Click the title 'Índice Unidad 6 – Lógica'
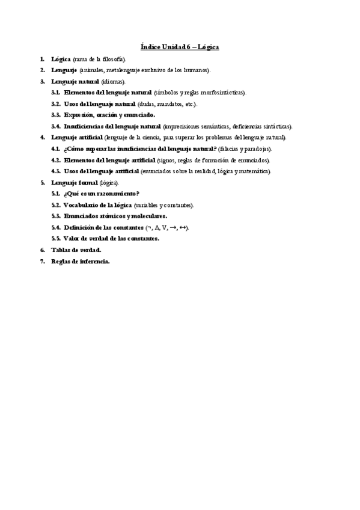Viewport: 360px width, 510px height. tap(180, 46)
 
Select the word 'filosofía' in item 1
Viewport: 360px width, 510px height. tap(112, 60)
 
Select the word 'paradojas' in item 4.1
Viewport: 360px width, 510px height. tap(257, 149)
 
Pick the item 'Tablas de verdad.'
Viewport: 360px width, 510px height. tap(76, 250)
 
